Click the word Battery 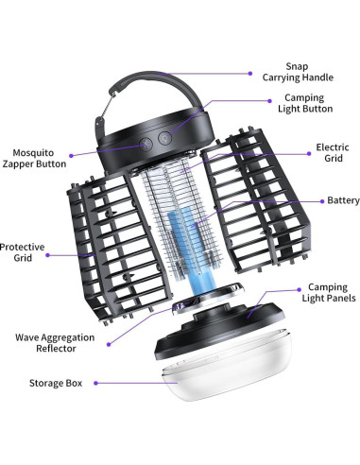pos(341,200)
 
